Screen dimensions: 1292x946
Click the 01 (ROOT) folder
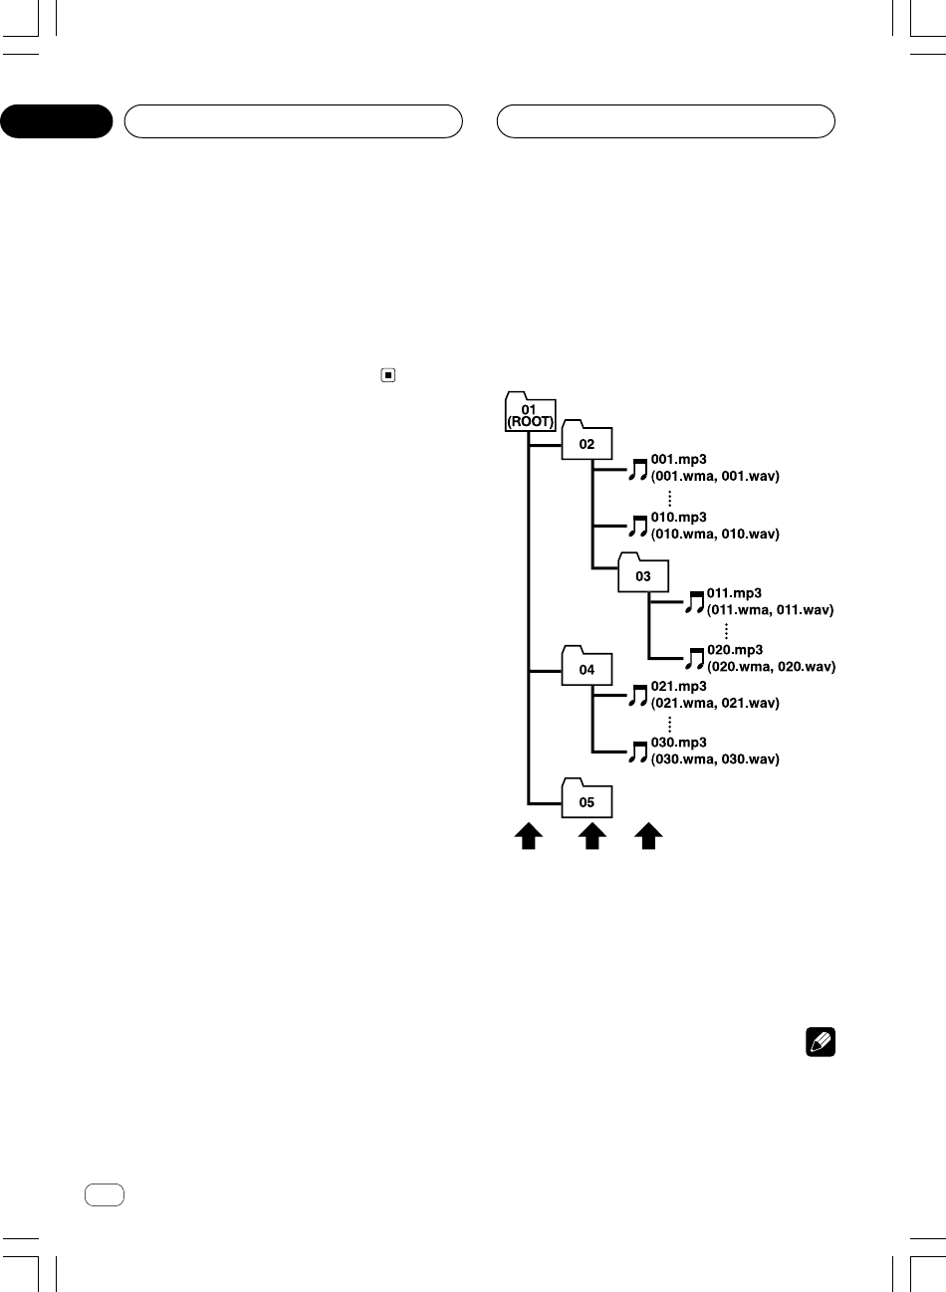(529, 413)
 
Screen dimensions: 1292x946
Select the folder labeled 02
(587, 443)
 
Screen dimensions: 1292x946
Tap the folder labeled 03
(643, 574)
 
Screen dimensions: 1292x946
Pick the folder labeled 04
(587, 668)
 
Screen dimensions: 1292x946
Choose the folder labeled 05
(587, 800)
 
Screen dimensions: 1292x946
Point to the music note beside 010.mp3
(638, 527)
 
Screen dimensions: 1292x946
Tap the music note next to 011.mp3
(694, 601)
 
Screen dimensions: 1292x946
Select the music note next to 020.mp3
(694, 658)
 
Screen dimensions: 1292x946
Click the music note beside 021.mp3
(638, 695)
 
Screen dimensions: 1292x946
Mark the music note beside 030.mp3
(638, 752)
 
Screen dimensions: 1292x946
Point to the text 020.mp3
(735, 650)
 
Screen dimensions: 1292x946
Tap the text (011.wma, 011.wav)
(770, 609)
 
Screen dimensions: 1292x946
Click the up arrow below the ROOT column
(528, 837)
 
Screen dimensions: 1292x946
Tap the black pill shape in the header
(57, 121)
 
